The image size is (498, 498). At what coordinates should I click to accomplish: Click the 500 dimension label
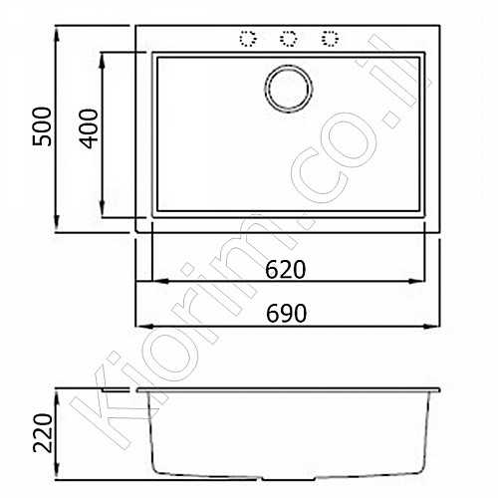(42, 126)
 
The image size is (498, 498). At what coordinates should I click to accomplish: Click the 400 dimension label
(89, 128)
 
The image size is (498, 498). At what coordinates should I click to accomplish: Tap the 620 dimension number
(285, 270)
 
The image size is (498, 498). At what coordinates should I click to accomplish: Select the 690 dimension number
(286, 313)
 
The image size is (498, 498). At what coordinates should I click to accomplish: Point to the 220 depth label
(43, 433)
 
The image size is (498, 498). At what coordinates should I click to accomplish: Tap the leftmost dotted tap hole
(248, 39)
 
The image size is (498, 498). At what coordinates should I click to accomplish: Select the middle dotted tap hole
(288, 39)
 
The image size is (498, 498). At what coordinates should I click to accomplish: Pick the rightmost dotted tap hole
(330, 39)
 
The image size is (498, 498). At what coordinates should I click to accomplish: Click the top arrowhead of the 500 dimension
(57, 34)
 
